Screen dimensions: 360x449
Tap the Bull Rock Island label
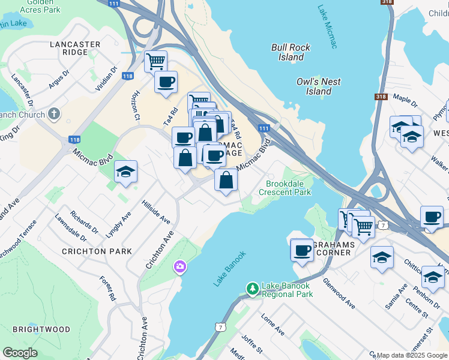click(x=291, y=52)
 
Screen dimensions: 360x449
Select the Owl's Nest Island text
click(x=319, y=86)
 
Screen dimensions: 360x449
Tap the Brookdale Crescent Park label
click(x=285, y=188)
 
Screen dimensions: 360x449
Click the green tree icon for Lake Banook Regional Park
click(x=253, y=290)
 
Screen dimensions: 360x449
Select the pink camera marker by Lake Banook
click(x=179, y=267)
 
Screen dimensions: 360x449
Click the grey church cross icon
click(x=54, y=114)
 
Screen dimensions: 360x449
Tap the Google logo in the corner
click(x=20, y=353)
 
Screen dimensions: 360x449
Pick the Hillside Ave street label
click(x=156, y=212)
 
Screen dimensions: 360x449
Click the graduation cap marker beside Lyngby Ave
click(x=126, y=172)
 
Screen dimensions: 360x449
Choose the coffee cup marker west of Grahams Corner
click(x=303, y=250)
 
